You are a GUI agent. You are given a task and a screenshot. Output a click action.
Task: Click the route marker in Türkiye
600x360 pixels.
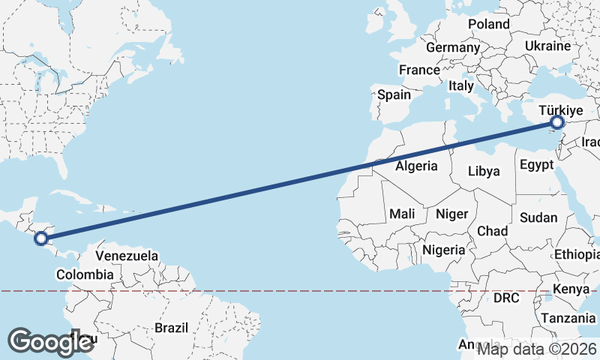[556, 122]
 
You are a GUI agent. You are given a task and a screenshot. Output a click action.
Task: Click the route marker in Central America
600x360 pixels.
[42, 238]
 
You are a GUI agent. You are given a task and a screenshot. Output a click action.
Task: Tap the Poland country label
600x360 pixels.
[488, 24]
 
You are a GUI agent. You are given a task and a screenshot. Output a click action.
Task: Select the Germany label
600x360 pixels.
[452, 47]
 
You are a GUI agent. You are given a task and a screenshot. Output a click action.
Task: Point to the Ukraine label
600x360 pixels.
[547, 46]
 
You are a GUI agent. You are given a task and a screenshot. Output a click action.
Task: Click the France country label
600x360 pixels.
[419, 70]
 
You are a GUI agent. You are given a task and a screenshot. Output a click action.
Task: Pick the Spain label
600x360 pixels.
[394, 94]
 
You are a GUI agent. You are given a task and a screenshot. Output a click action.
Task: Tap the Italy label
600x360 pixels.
[461, 86]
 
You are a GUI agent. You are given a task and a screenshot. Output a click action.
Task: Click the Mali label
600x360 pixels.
[402, 214]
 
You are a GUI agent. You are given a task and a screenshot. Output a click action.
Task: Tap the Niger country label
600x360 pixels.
[451, 214]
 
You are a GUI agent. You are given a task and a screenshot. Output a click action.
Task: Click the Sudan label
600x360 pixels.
[538, 217]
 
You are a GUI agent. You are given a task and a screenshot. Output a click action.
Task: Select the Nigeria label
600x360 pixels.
[444, 249]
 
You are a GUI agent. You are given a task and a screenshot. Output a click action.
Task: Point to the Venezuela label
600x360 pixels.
[127, 256]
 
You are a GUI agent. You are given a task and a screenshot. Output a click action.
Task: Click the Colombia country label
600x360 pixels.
[85, 274]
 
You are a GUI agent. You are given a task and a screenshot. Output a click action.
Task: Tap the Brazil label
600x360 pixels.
[172, 328]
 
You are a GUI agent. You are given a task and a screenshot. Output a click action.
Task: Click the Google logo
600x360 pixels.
[49, 341]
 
